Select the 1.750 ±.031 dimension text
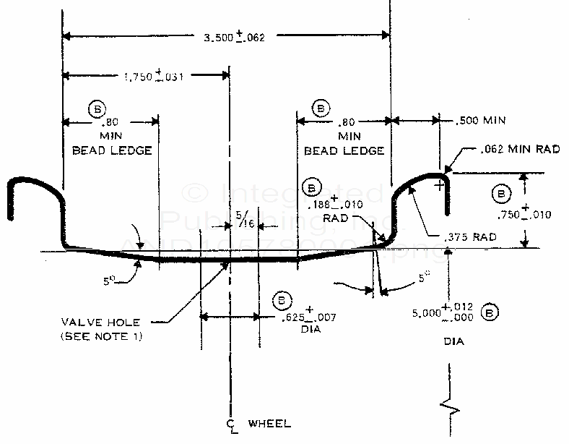pyautogui.click(x=154, y=76)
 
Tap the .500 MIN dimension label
pyautogui.click(x=481, y=120)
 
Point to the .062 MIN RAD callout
pyautogui.click(x=520, y=150)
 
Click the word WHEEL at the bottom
pyautogui.click(x=269, y=422)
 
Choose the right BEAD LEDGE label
pyautogui.click(x=344, y=150)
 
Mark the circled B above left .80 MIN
pyautogui.click(x=96, y=108)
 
